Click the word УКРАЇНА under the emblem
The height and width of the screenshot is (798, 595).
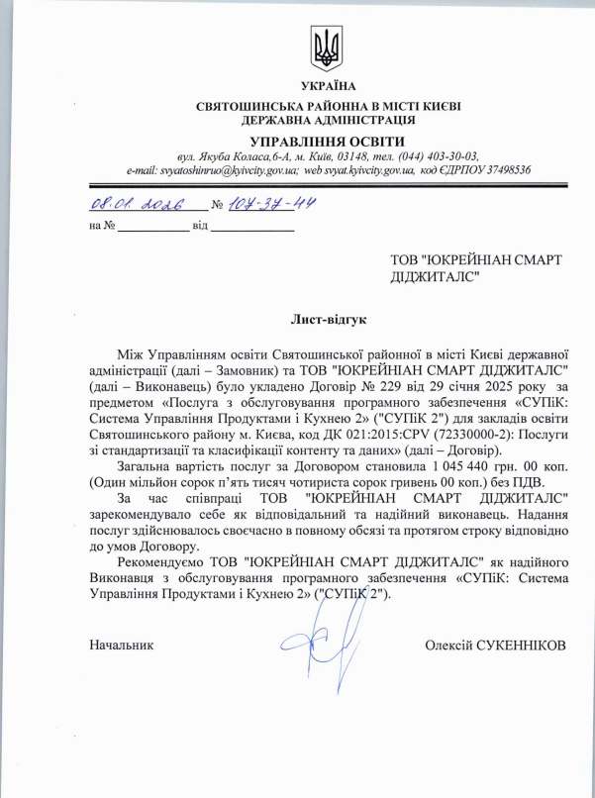point(324,87)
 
